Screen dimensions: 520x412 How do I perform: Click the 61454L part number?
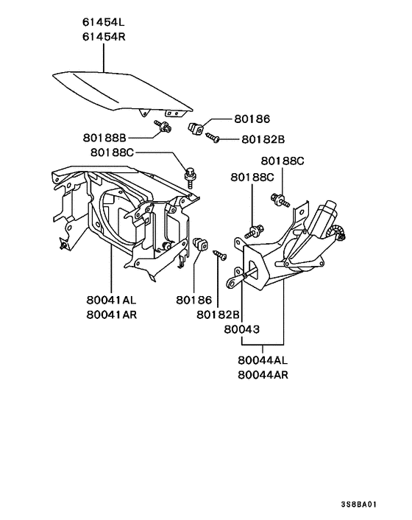(104, 24)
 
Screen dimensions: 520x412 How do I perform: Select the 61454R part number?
(104, 38)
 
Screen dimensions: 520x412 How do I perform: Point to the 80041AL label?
(110, 301)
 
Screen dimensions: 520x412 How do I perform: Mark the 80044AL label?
(263, 360)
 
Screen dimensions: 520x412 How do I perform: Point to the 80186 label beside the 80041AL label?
(193, 301)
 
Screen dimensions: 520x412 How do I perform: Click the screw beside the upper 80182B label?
(213, 136)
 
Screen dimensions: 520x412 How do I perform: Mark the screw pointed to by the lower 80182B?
(220, 254)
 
